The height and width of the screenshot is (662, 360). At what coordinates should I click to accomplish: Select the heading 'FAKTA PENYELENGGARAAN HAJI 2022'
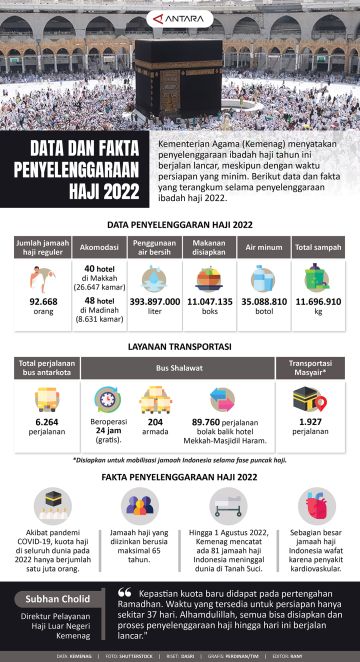pyautogui.click(x=180, y=479)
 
